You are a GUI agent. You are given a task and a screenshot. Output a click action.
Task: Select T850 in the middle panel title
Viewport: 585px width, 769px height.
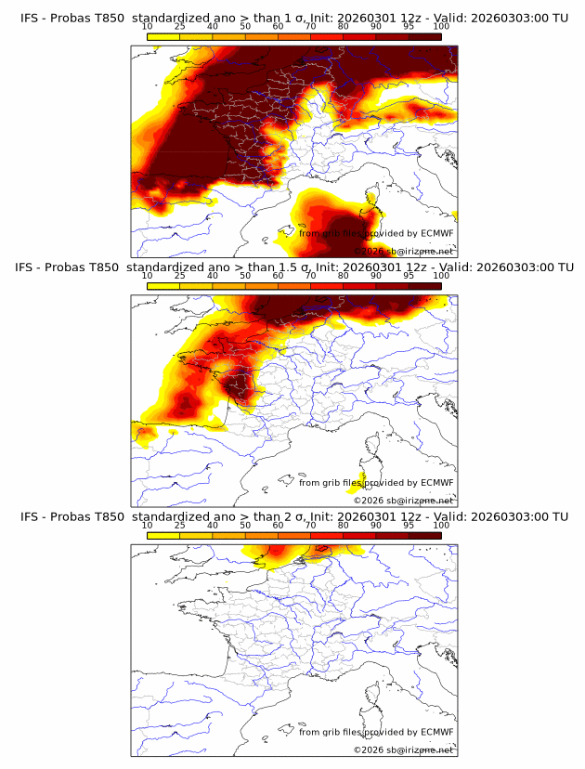102,267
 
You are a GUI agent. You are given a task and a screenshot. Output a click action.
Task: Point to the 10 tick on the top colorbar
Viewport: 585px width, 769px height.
148,26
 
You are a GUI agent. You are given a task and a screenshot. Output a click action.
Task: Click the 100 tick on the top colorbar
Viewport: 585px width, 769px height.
441,26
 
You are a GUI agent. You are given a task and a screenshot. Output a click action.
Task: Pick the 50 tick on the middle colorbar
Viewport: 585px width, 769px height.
245,276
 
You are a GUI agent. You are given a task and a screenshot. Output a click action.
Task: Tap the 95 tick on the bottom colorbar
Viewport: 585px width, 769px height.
409,526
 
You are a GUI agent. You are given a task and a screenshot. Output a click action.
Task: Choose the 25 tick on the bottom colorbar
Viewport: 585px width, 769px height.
180,526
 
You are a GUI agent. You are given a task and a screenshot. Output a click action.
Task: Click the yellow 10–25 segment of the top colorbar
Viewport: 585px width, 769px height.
163,36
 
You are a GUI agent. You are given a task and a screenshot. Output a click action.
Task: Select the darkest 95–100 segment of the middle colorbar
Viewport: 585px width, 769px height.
424,286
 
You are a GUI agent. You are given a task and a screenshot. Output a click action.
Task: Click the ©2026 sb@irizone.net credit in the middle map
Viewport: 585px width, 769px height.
404,501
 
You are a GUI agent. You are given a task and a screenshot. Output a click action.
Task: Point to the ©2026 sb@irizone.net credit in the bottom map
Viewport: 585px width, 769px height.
404,749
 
